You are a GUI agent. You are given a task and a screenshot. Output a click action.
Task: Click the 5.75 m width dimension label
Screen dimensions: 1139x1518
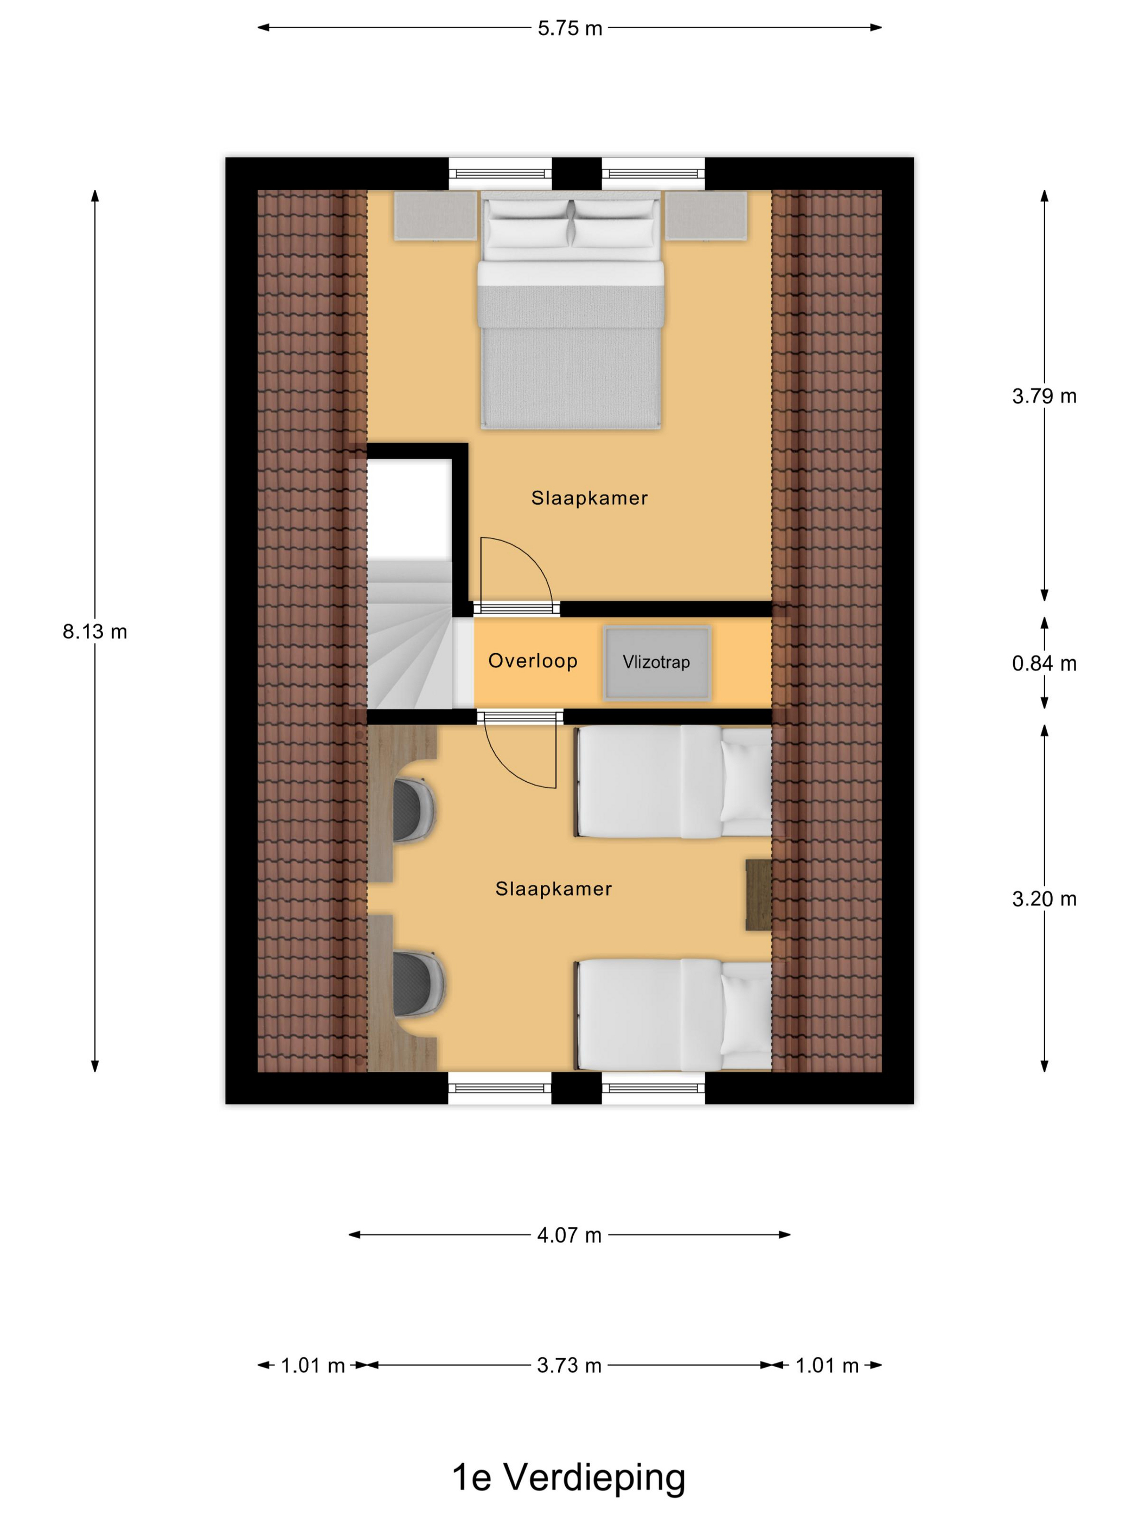tap(569, 28)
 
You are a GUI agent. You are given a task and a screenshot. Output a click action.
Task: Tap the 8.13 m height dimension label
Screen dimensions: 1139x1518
tap(95, 632)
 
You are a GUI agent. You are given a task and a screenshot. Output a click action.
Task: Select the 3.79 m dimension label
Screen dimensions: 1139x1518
tap(1044, 396)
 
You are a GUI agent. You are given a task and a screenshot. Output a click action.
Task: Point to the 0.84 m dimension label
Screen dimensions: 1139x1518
tap(1044, 663)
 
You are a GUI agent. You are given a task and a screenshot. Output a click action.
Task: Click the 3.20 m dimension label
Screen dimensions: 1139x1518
tap(1044, 899)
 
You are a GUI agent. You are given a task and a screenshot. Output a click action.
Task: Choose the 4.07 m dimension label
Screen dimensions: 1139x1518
tap(569, 1235)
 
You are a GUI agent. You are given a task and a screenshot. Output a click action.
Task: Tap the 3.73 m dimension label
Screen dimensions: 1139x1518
tap(569, 1366)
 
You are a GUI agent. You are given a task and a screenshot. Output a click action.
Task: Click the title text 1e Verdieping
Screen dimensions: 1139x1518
tap(568, 1477)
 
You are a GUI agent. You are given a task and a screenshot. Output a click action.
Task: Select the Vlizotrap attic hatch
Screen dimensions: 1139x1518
tap(657, 663)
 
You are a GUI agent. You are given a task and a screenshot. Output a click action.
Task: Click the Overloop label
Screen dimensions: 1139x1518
tap(533, 661)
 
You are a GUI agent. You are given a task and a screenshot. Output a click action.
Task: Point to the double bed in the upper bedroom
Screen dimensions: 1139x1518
tap(571, 310)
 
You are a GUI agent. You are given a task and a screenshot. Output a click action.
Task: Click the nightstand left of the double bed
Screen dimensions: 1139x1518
tap(436, 215)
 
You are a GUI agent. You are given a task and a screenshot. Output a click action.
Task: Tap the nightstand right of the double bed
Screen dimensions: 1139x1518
tap(706, 215)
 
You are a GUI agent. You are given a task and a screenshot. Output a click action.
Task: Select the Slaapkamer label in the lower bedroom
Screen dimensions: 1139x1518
tap(553, 890)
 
